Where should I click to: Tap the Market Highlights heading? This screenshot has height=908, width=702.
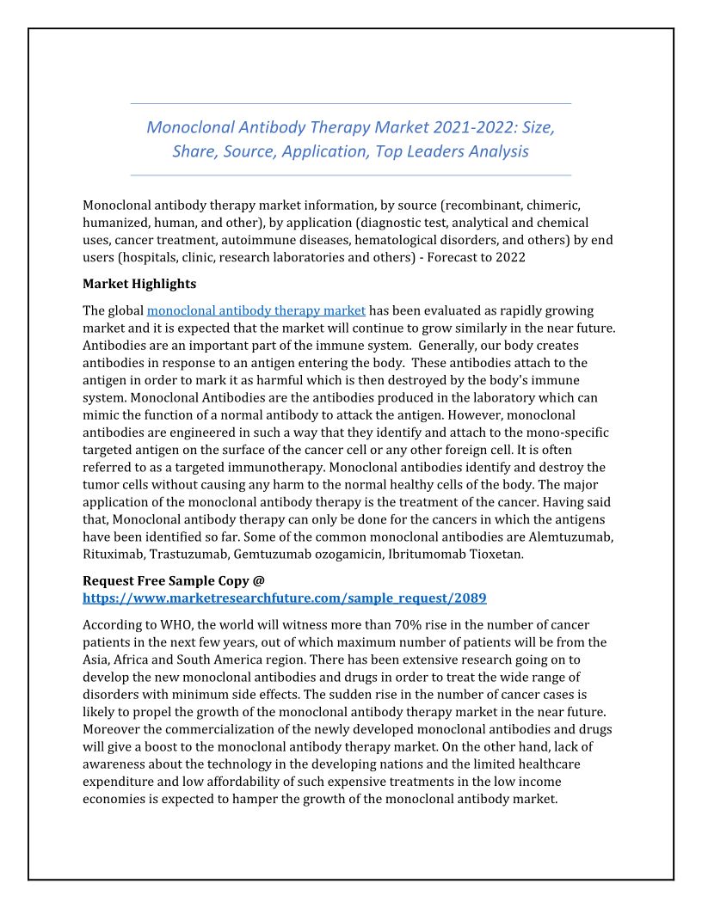pos(139,284)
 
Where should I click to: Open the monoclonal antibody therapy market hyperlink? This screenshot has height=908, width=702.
pos(256,310)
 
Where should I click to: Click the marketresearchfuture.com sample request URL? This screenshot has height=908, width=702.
pos(291,598)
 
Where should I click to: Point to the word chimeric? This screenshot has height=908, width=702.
pos(553,205)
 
